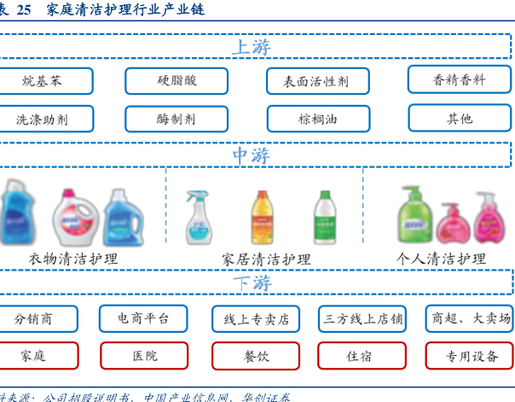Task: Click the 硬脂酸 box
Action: [x=176, y=80]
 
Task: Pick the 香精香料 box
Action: [x=459, y=79]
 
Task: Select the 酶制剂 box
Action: [x=176, y=119]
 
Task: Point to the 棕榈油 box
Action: [x=317, y=119]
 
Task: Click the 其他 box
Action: [x=459, y=118]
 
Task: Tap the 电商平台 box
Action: [x=142, y=318]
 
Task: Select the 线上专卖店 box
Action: [x=256, y=319]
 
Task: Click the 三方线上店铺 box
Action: [x=362, y=319]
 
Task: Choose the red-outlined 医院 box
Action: [x=144, y=355]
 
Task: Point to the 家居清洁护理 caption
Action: [x=266, y=259]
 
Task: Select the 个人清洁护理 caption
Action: [x=441, y=259]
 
